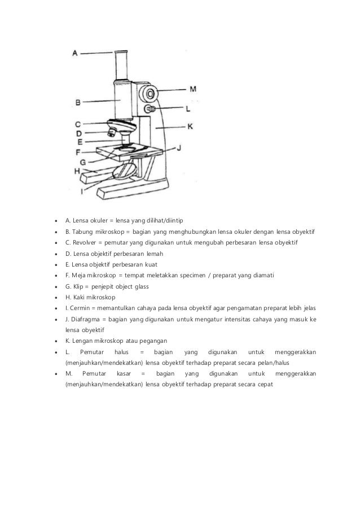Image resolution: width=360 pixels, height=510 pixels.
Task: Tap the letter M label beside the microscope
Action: coord(193,89)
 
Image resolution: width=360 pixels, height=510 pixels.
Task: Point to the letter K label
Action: coord(190,127)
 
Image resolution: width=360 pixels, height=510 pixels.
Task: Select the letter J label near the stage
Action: coord(179,148)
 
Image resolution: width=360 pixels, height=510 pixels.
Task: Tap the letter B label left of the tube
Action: coord(78,102)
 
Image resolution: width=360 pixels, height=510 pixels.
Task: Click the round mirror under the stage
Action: coord(125,171)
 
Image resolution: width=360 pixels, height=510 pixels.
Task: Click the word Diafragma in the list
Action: coord(84,319)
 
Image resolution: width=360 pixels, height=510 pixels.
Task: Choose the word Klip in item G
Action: coord(80,286)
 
